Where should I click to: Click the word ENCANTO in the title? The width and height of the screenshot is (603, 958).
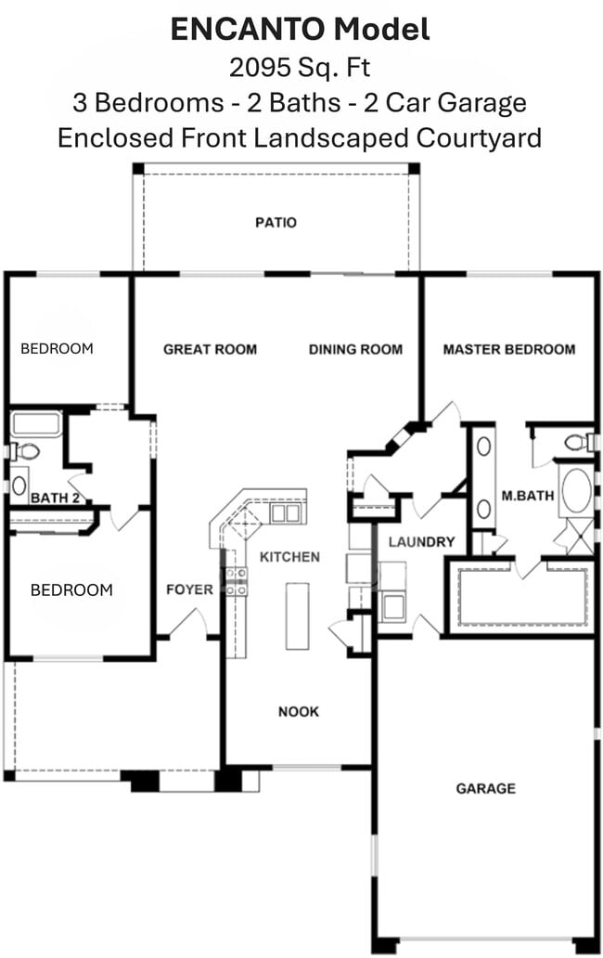click(x=248, y=30)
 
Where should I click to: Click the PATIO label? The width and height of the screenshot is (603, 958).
click(x=276, y=223)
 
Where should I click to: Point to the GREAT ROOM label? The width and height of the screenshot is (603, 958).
click(x=210, y=350)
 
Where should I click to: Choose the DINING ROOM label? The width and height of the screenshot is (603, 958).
click(x=355, y=350)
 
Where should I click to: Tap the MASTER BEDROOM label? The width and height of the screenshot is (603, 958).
click(x=508, y=350)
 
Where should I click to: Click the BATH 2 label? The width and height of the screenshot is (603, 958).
click(x=54, y=498)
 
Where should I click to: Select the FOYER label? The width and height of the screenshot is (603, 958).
click(x=189, y=589)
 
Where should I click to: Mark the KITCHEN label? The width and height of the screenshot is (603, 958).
click(x=289, y=557)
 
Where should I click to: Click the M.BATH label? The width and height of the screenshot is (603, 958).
click(x=527, y=496)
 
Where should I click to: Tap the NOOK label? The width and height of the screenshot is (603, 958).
click(x=299, y=712)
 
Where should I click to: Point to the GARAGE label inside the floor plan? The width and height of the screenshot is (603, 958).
click(x=485, y=789)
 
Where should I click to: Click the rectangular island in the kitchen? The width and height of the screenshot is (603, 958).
click(x=296, y=615)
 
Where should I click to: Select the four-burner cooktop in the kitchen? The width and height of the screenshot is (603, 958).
click(x=236, y=581)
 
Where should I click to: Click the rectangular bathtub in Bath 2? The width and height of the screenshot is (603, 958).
click(x=36, y=424)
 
